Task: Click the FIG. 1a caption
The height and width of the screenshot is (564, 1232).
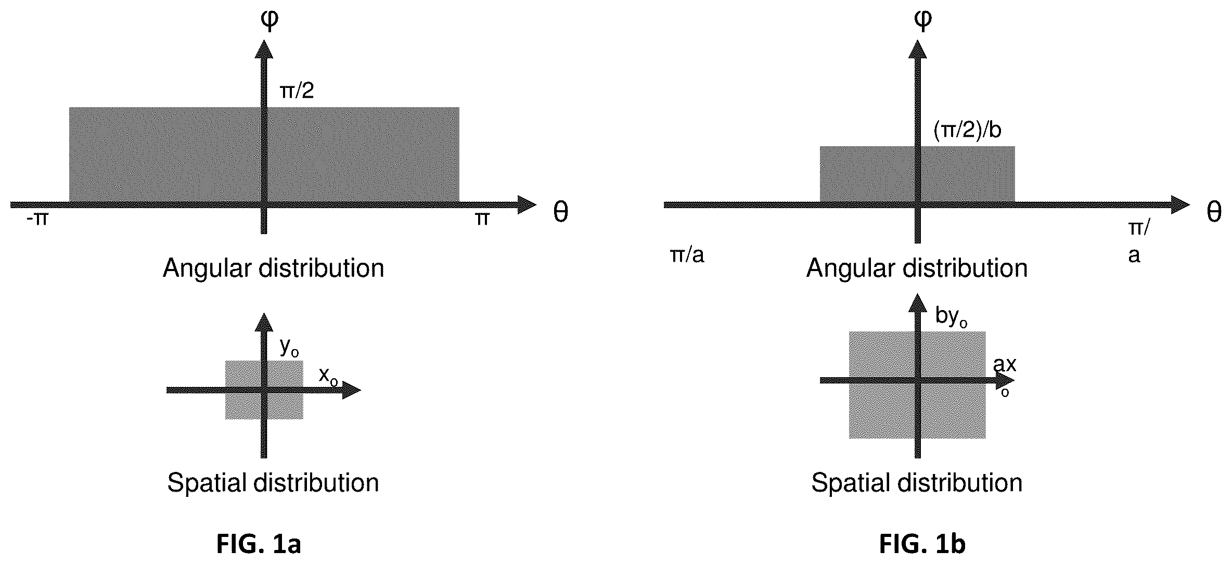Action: tap(259, 544)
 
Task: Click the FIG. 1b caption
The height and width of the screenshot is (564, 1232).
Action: tap(922, 544)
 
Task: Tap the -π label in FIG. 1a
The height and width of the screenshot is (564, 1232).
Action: tap(37, 219)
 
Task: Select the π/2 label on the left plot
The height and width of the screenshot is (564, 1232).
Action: tap(297, 91)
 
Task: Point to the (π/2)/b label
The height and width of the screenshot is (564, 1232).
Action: tap(968, 130)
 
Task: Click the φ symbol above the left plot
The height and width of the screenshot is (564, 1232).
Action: tap(269, 19)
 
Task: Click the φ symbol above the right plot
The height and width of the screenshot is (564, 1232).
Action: tap(923, 19)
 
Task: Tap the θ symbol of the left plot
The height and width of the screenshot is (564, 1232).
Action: tap(560, 212)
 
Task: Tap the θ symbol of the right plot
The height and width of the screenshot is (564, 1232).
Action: tap(1214, 212)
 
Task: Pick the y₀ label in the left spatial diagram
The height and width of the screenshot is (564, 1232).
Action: tap(289, 347)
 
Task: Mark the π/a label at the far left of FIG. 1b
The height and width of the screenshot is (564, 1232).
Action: tap(687, 255)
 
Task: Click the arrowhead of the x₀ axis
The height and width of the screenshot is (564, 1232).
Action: tap(351, 390)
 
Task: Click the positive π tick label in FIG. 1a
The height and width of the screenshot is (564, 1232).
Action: tap(482, 219)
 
